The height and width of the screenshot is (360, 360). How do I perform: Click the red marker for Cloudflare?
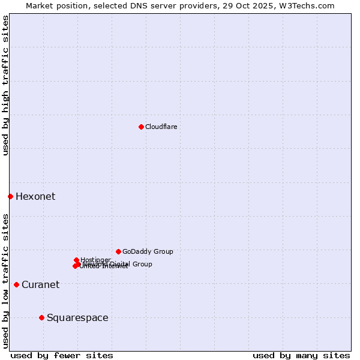[141, 127]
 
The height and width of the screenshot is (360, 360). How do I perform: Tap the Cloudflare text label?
[161, 127]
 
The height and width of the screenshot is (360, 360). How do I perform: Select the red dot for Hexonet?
[10, 196]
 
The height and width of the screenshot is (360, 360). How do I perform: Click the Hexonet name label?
[35, 197]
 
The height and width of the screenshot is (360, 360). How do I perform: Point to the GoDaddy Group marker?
[118, 251]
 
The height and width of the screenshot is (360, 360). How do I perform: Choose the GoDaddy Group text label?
[148, 252]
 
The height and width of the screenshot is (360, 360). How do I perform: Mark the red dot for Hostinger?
[76, 260]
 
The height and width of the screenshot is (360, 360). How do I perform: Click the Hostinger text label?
[95, 260]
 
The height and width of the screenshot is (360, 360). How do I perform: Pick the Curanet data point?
[16, 284]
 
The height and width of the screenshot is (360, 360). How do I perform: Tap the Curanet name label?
[40, 285]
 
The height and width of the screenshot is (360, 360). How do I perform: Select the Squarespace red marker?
[41, 317]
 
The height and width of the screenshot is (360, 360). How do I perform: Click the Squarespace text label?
[77, 318]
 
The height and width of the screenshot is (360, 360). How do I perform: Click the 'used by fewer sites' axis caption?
[62, 355]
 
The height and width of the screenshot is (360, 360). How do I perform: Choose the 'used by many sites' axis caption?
[301, 355]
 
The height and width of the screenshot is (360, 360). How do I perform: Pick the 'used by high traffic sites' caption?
[5, 85]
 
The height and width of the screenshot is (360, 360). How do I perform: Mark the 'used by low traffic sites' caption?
[5, 281]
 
